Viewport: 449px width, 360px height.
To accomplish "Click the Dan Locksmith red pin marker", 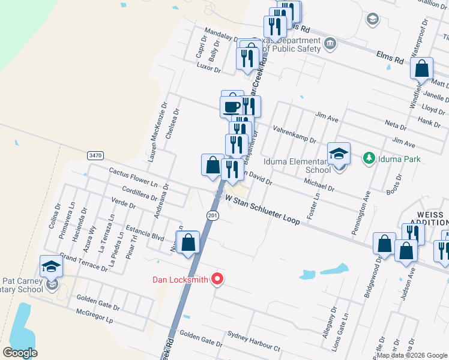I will pyautogui.click(x=218, y=280).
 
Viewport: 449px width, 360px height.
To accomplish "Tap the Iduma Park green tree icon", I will pyautogui.click(x=369, y=159).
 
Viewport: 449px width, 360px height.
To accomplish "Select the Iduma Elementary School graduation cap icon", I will pyautogui.click(x=339, y=154).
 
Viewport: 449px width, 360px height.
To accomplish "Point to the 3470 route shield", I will pyautogui.click(x=95, y=155).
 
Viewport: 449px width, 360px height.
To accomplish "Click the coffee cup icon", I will pyautogui.click(x=232, y=106).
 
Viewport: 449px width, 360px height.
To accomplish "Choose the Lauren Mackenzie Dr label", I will pyautogui.click(x=155, y=139).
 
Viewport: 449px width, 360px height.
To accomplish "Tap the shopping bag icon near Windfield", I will pyautogui.click(x=421, y=70).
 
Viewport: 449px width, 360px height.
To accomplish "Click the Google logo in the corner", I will pyautogui.click(x=20, y=353).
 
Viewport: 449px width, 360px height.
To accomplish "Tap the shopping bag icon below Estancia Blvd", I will pyautogui.click(x=188, y=244).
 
